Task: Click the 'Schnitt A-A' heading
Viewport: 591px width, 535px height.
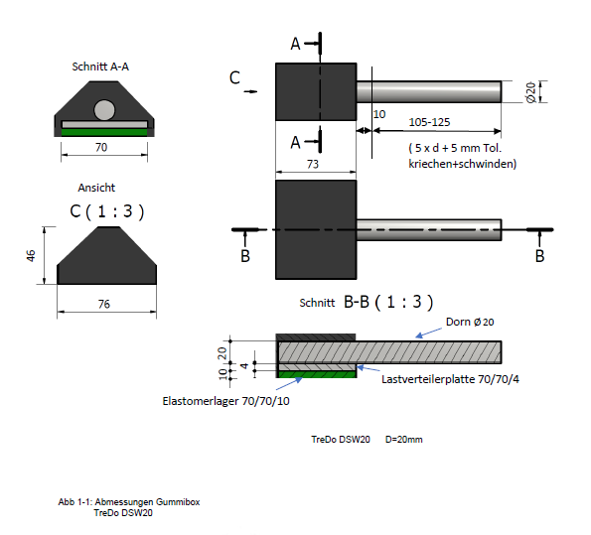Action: coord(100,67)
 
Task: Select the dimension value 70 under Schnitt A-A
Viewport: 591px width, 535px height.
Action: coord(101,146)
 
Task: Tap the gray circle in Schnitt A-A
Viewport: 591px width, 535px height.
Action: coord(104,109)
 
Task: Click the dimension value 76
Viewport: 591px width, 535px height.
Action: coord(104,304)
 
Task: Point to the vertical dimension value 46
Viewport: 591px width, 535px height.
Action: coord(32,256)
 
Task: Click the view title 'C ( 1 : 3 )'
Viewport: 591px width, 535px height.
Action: coord(106,210)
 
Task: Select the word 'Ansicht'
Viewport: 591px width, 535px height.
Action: coord(96,188)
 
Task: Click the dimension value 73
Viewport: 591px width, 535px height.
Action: coord(313,165)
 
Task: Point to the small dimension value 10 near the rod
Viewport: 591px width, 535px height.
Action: coord(378,114)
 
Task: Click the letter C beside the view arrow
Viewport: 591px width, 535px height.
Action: coord(234,77)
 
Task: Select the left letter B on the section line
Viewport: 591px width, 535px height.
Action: coord(245,255)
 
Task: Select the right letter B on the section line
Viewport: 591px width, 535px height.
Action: coord(539,255)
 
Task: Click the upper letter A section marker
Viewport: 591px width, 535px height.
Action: coord(295,44)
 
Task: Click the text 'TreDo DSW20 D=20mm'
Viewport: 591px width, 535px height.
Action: coord(367,439)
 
